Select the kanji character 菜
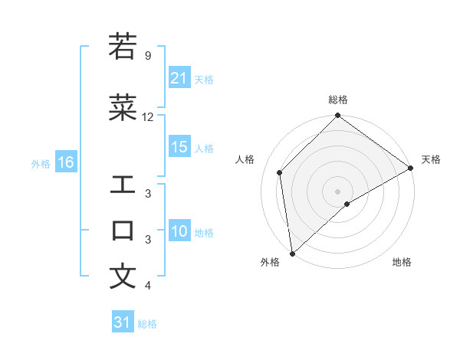pos(123,107)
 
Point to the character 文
pos(123,277)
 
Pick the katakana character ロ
pos(123,231)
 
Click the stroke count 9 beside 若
pos(147,56)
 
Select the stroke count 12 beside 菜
pos(148,117)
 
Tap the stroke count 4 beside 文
pos(147,286)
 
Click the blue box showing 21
pos(179,78)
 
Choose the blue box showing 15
pos(179,148)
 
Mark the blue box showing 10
pos(179,232)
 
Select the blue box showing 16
pos(65,162)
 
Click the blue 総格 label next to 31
pos(147,324)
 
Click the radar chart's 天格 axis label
pos(431,159)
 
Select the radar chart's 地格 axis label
pos(402,262)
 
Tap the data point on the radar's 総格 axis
pos(337,116)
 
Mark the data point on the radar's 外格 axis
pos(291,253)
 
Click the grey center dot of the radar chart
pos(337,191)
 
